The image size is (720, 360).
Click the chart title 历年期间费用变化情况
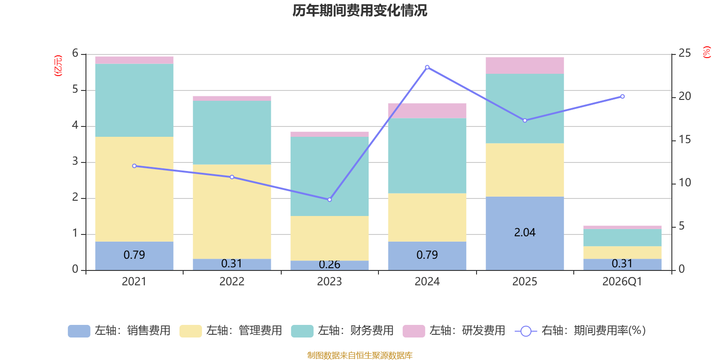pyautogui.click(x=360, y=11)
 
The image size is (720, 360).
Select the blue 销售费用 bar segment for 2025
pyautogui.click(x=525, y=234)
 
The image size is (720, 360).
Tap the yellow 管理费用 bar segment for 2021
pyautogui.click(x=135, y=189)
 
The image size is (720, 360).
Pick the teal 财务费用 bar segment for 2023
pyautogui.click(x=329, y=176)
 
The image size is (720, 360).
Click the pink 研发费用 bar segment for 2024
pyautogui.click(x=427, y=111)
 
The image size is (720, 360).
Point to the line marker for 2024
pyautogui.click(x=427, y=67)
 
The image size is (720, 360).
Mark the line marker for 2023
pyautogui.click(x=329, y=200)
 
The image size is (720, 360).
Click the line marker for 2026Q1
pyautogui.click(x=622, y=96)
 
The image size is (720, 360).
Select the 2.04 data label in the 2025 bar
pyautogui.click(x=525, y=232)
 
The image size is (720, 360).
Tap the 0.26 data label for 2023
pyautogui.click(x=329, y=265)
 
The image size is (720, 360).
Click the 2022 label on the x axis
pyautogui.click(x=232, y=282)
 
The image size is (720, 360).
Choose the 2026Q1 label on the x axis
pyautogui.click(x=622, y=282)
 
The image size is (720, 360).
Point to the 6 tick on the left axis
pyautogui.click(x=75, y=53)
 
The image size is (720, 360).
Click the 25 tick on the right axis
pyautogui.click(x=684, y=53)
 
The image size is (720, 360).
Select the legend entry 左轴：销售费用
pyautogui.click(x=119, y=331)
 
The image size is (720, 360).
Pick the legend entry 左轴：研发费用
pyautogui.click(x=454, y=331)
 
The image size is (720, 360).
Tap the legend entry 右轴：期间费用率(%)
pyautogui.click(x=580, y=331)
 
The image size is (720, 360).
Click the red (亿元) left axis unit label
pyautogui.click(x=58, y=66)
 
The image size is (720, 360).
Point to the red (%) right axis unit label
pyautogui.click(x=706, y=52)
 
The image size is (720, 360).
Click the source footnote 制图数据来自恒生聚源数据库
pyautogui.click(x=360, y=355)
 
